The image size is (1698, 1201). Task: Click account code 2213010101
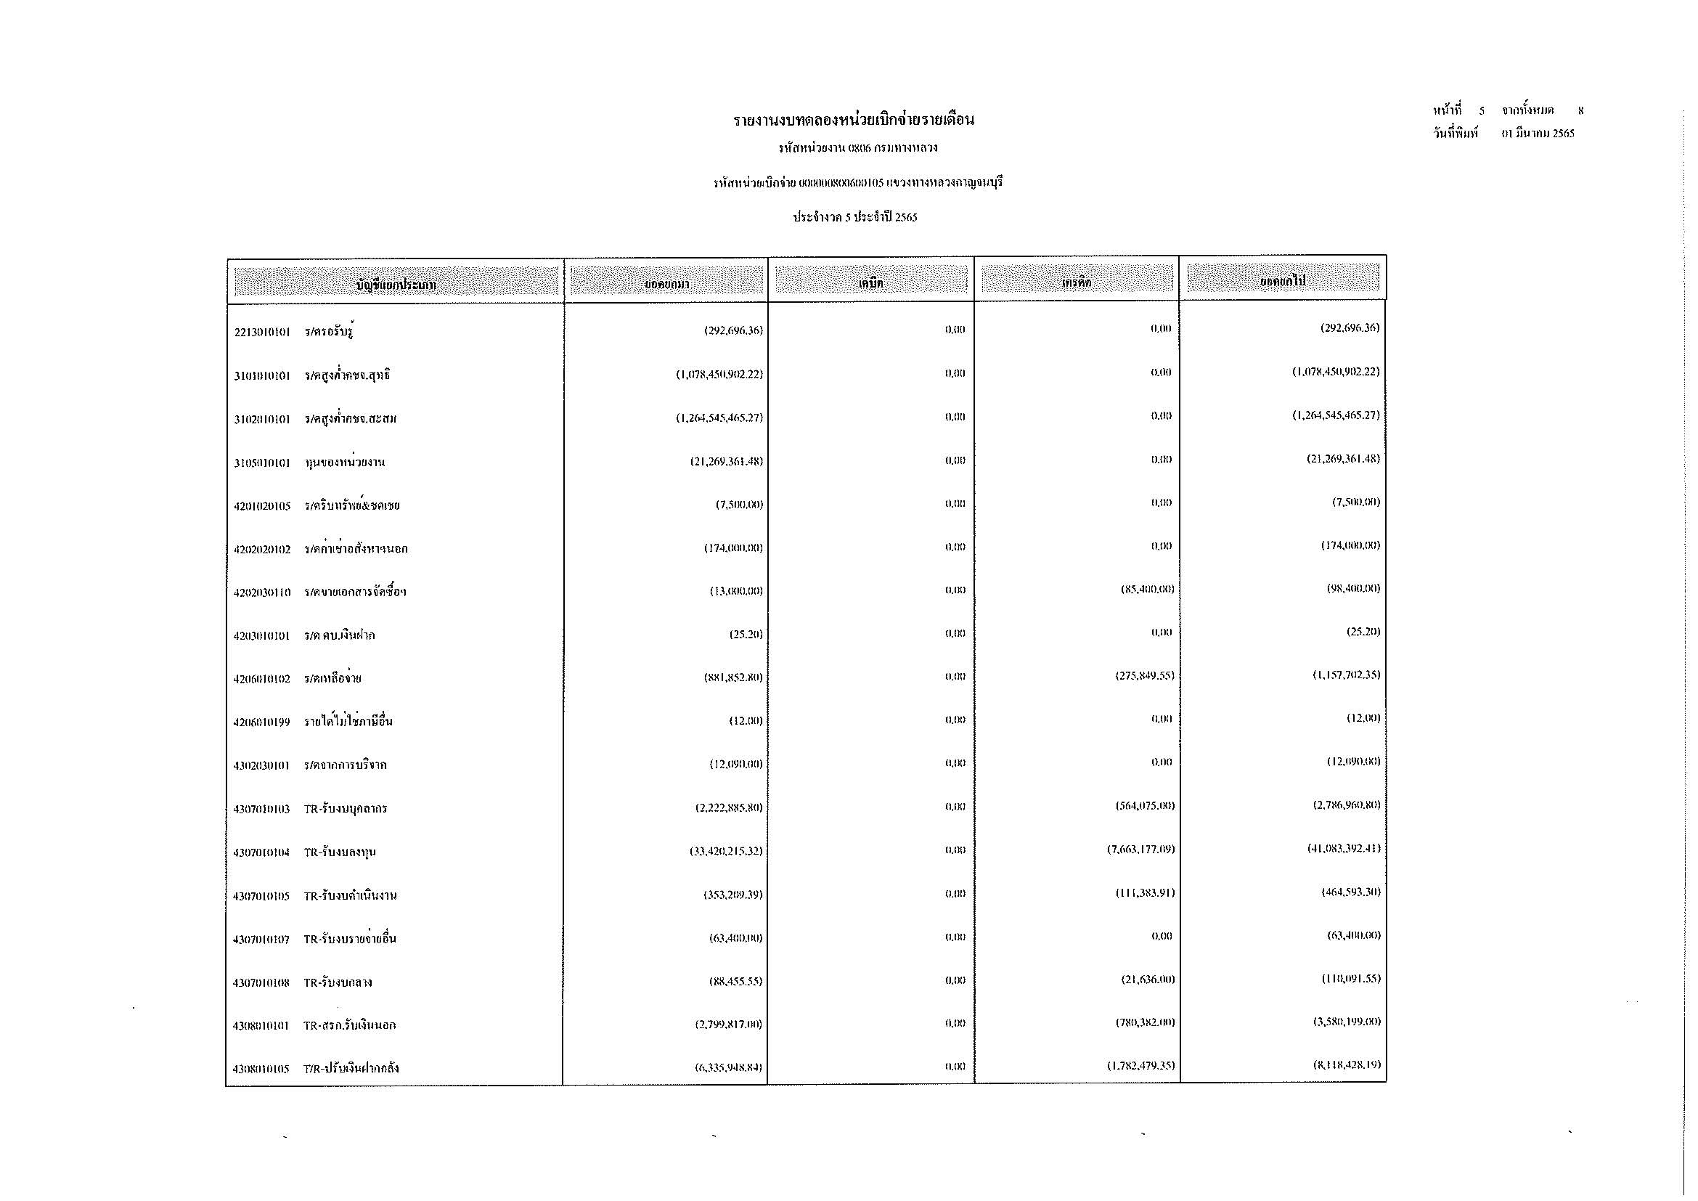click(x=262, y=332)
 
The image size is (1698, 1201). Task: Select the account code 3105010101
click(x=262, y=463)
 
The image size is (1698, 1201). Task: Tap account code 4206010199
click(x=262, y=722)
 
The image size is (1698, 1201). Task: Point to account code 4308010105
click(x=262, y=1069)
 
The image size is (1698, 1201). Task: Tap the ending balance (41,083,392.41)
click(x=1343, y=848)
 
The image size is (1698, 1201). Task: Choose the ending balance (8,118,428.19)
click(x=1343, y=1065)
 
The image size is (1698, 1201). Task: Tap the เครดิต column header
click(x=1076, y=281)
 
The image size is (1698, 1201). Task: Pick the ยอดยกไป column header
click(x=1283, y=280)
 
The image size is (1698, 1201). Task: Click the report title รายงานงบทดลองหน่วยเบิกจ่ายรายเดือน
click(x=854, y=120)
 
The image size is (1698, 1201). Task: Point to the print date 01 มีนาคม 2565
click(x=1538, y=134)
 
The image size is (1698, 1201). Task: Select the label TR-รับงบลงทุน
click(x=340, y=852)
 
